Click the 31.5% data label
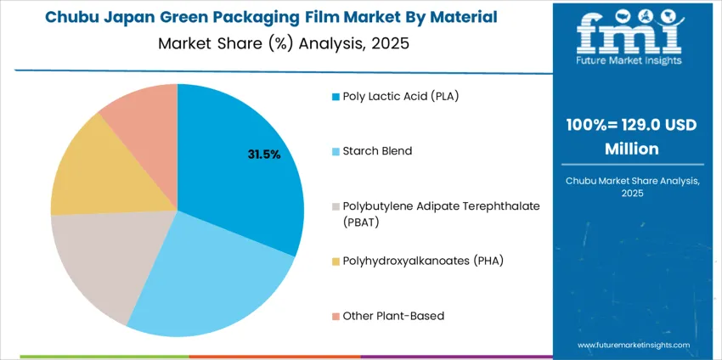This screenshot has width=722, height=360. tap(263, 155)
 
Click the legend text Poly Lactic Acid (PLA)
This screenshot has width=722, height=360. tap(400, 96)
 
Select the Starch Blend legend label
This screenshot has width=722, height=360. tap(377, 151)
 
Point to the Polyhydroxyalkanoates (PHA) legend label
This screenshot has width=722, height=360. tap(423, 261)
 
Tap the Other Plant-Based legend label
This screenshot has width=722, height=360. tap(393, 316)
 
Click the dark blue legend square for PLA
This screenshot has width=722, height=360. tap(336, 97)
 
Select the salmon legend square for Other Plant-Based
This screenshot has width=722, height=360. tap(336, 317)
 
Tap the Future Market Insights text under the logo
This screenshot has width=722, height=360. tap(629, 72)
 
